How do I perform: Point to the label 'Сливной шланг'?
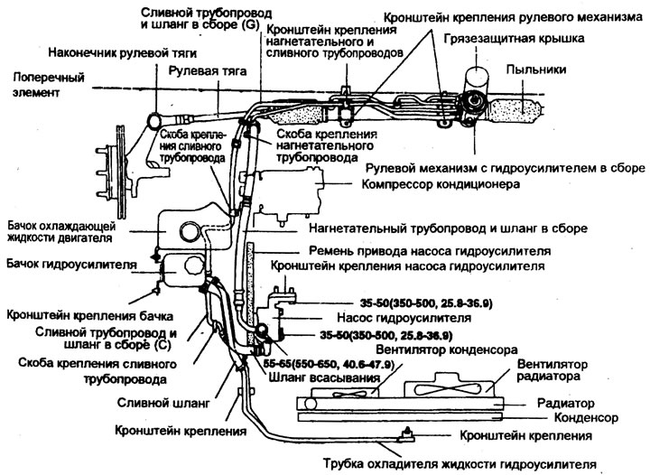click(x=162, y=396)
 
